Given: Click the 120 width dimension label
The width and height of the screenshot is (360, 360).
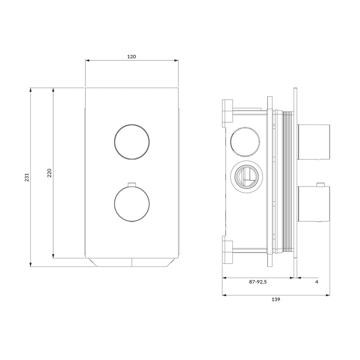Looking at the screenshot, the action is [x=131, y=57].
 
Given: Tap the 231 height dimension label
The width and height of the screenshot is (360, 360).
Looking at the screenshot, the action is [x=27, y=177].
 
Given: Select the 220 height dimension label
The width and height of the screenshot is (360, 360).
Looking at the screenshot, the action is [x=50, y=173].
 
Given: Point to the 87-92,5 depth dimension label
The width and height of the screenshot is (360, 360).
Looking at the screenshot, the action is [x=258, y=282].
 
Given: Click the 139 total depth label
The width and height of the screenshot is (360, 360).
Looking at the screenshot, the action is [x=276, y=300].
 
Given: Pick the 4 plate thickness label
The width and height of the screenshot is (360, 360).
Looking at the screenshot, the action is [x=317, y=282].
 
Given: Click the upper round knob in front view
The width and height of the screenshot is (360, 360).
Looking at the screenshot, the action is [x=132, y=142].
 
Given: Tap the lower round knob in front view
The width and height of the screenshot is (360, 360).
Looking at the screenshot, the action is [x=132, y=204].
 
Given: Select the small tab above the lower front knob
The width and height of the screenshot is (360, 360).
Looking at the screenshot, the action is [x=132, y=184].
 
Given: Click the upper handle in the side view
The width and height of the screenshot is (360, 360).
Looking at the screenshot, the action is [x=314, y=142].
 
